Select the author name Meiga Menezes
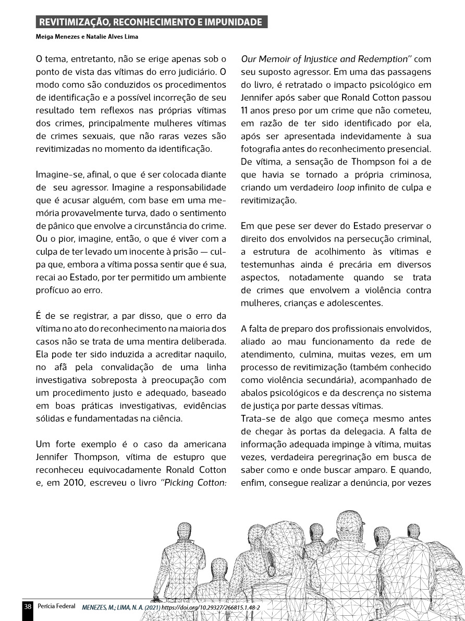(56, 37)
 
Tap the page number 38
(28, 607)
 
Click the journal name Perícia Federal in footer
(57, 607)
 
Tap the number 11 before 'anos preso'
(244, 110)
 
